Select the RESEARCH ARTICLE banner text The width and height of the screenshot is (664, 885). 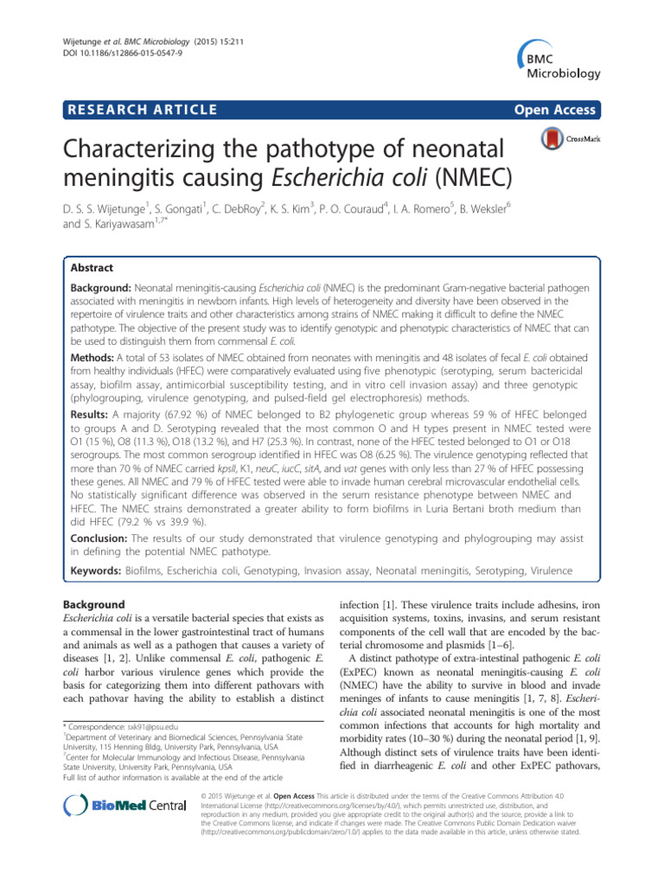[x=144, y=109]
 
